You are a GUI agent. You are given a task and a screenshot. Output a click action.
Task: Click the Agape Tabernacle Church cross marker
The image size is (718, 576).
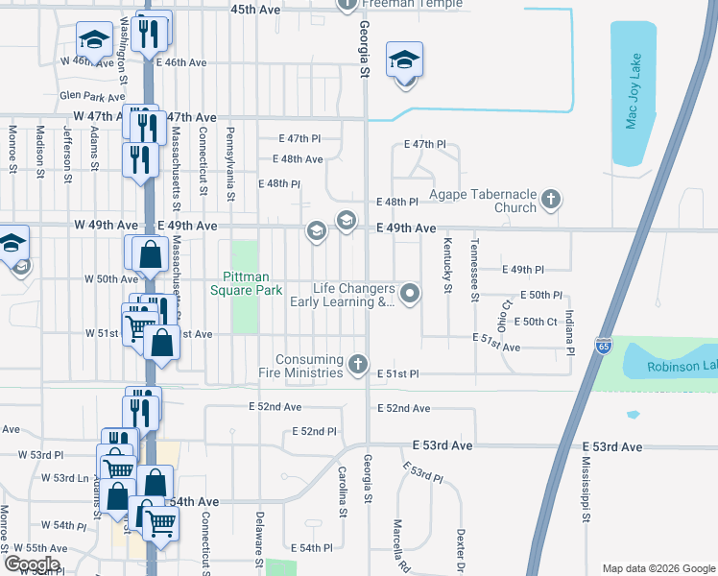[x=550, y=201]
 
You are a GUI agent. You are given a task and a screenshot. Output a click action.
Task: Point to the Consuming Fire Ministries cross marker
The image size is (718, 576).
[x=358, y=364]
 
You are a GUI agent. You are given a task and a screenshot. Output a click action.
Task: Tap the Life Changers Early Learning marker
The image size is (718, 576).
[x=411, y=294]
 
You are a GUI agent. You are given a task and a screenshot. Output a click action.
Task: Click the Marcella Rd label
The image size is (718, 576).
[x=396, y=545]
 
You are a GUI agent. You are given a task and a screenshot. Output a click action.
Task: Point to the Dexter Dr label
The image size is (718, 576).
[x=461, y=550]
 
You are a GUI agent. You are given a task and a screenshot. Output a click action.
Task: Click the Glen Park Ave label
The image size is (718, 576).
[x=92, y=96]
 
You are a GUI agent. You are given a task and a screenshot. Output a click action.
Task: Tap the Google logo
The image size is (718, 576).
[x=33, y=564]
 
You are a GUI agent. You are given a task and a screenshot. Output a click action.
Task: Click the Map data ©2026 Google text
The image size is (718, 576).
[x=658, y=567]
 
